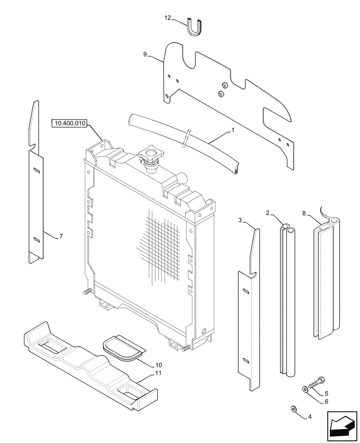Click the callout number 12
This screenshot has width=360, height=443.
coord(167,18)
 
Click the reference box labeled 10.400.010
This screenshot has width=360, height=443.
coord(71,123)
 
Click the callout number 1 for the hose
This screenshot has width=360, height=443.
coord(232,131)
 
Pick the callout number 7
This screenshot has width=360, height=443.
coord(61,237)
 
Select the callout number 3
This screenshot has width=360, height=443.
coord(240,220)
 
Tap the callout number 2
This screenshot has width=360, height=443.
coord(268,214)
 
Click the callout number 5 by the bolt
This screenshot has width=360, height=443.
coord(326,393)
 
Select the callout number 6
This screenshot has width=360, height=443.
coord(326,401)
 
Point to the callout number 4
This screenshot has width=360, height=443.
coord(309,416)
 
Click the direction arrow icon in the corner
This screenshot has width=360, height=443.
coord(341,426)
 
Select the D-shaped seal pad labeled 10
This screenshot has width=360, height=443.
coord(122,346)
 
